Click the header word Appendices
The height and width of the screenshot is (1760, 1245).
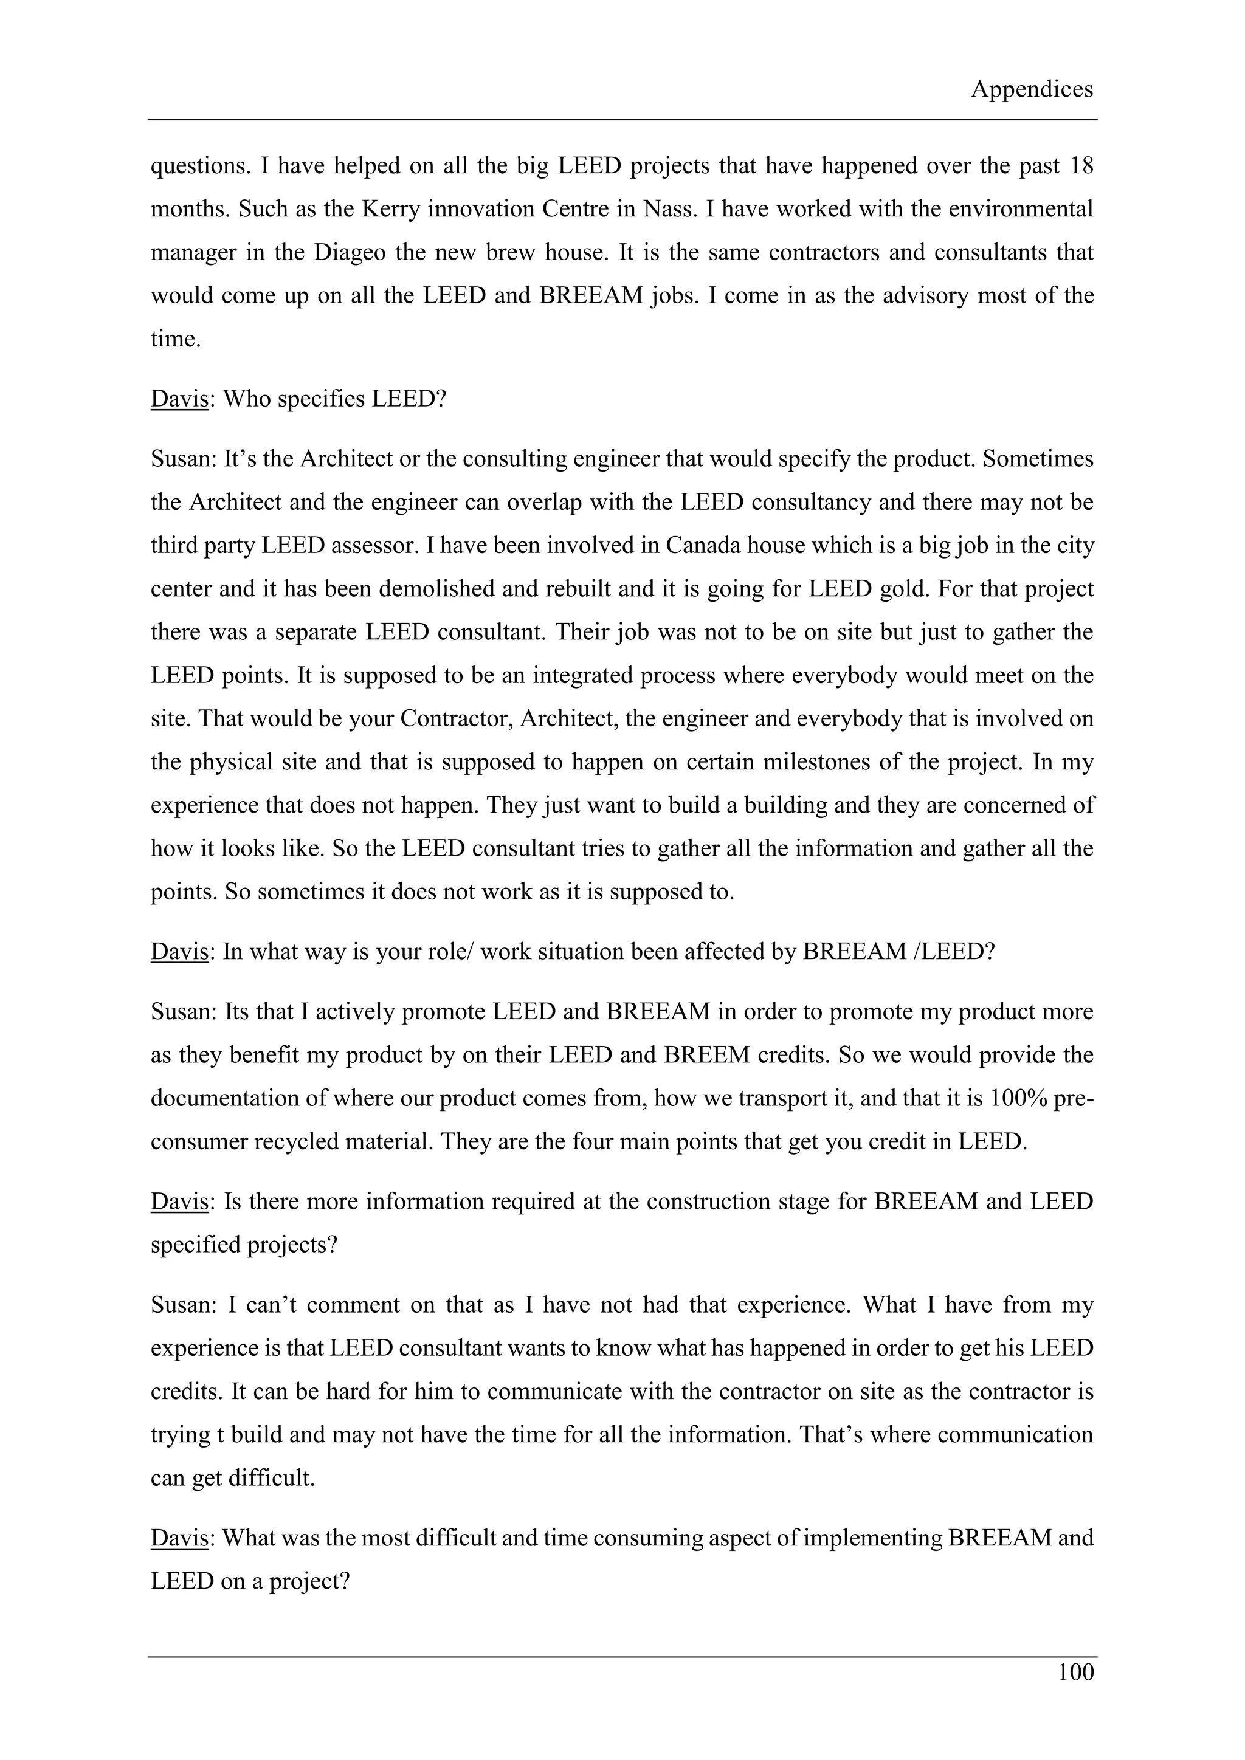click(1031, 90)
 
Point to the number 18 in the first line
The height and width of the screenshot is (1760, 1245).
click(1081, 167)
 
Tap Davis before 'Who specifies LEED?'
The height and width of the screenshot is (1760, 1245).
click(179, 399)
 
